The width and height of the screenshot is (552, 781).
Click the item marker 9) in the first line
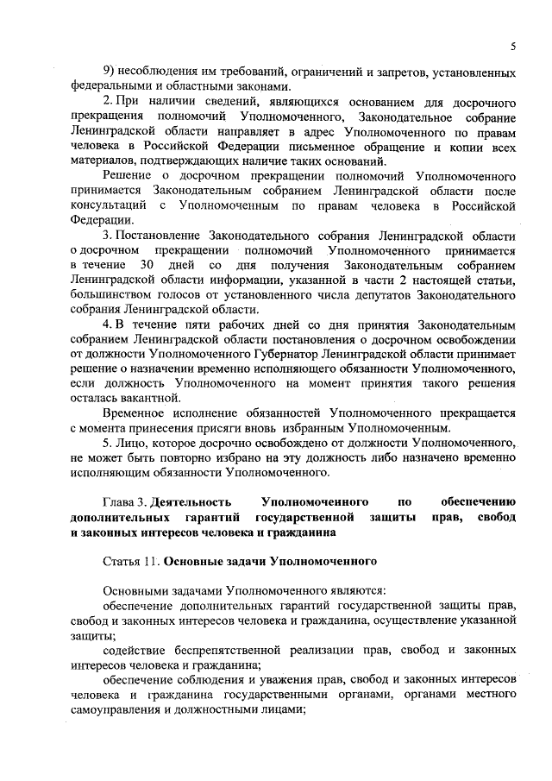click(110, 71)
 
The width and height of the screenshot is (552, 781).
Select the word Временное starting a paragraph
click(136, 413)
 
